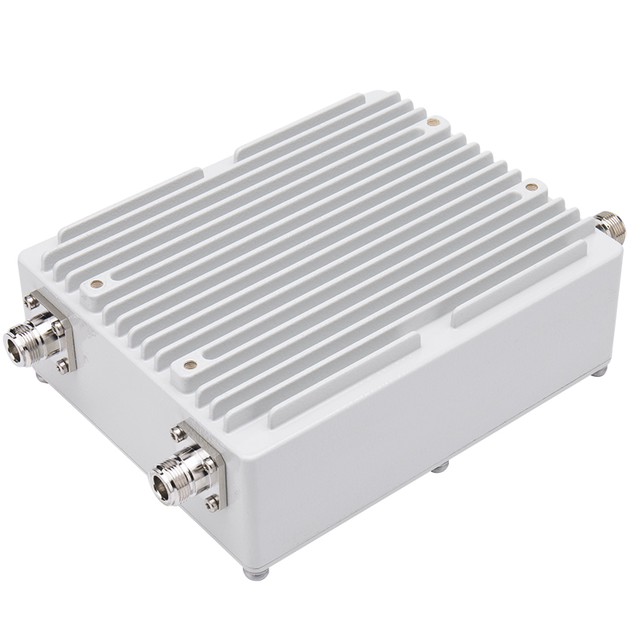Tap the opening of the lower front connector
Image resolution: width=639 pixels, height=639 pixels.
point(164,485)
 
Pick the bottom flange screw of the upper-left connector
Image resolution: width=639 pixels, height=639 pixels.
point(63,368)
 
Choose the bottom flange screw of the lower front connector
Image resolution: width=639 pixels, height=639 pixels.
point(211,503)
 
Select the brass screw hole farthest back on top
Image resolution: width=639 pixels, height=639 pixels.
point(433,123)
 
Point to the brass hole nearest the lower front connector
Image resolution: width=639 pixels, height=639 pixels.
point(190,365)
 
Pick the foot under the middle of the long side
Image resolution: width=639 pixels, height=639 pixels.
point(439,466)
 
